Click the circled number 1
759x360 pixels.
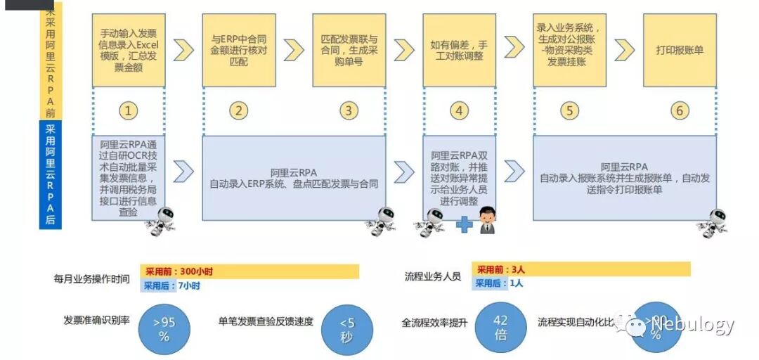click(128, 110)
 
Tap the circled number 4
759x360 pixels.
click(459, 110)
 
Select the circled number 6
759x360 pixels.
click(679, 110)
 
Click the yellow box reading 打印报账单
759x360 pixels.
click(679, 50)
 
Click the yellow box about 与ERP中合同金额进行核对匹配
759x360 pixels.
click(238, 50)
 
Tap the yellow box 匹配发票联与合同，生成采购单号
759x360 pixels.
click(349, 50)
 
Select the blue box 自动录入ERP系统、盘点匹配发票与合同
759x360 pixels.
click(294, 178)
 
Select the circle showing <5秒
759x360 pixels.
click(347, 329)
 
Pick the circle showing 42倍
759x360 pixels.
click(500, 328)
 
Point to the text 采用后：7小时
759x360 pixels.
click(171, 285)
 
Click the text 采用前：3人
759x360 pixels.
click(500, 269)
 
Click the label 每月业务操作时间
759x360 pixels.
click(92, 278)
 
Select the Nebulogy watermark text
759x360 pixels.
click(692, 324)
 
